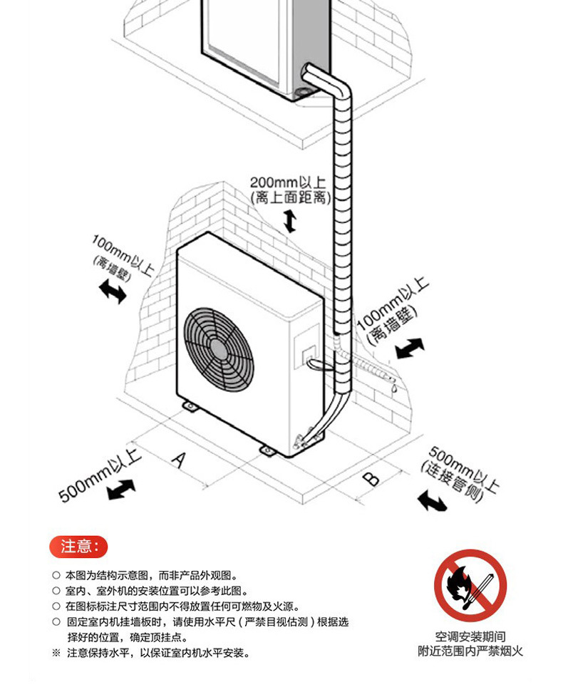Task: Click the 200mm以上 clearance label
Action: (287, 182)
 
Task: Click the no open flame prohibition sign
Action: (470, 586)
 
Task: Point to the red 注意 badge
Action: (78, 547)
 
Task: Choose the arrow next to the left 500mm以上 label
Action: (120, 490)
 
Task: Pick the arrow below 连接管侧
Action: (433, 501)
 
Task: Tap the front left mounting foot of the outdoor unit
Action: (190, 406)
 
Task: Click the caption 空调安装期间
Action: (470, 636)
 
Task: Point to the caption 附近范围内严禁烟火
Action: (470, 651)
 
